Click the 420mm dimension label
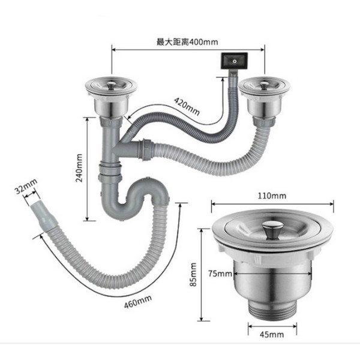[187, 106]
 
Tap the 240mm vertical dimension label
[79, 168]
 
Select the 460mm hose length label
[138, 302]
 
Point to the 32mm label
[26, 186]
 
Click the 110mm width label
[272, 196]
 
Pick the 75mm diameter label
[220, 274]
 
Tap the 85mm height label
[193, 274]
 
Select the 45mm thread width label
[272, 335]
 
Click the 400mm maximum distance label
[187, 42]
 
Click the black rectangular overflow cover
[234, 61]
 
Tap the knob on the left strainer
[112, 85]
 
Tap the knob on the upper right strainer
[264, 86]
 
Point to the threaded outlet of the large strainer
[273, 308]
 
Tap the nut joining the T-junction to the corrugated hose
[146, 149]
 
